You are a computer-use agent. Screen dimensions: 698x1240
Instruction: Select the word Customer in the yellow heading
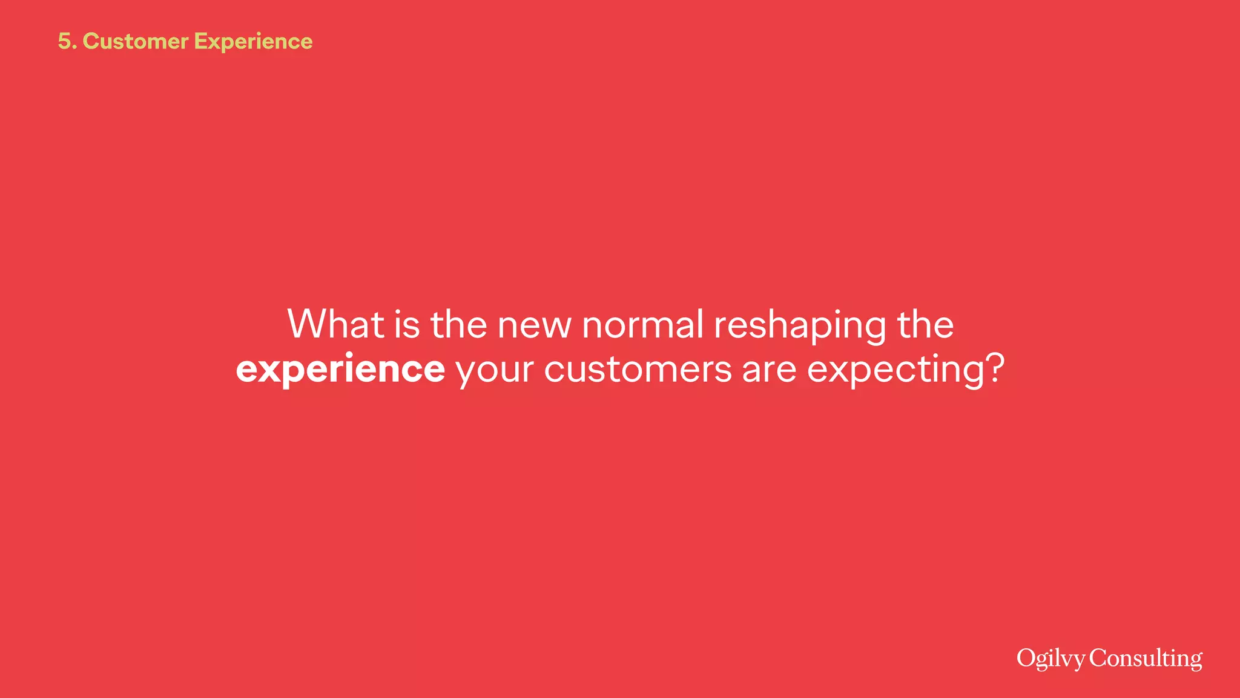pos(136,41)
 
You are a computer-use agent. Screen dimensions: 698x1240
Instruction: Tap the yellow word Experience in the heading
pos(253,41)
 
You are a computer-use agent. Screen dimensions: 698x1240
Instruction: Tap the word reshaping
pos(799,325)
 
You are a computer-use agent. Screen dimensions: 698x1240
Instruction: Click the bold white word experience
pos(340,369)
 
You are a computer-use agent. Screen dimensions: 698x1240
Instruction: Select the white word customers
pos(638,369)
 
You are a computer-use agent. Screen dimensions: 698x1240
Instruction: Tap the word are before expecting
pos(769,369)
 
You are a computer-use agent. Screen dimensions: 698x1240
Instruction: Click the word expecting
pos(897,370)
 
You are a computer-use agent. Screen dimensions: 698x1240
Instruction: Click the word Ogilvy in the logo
pos(1050,659)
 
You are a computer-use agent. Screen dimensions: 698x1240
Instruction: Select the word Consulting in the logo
pos(1146,659)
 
